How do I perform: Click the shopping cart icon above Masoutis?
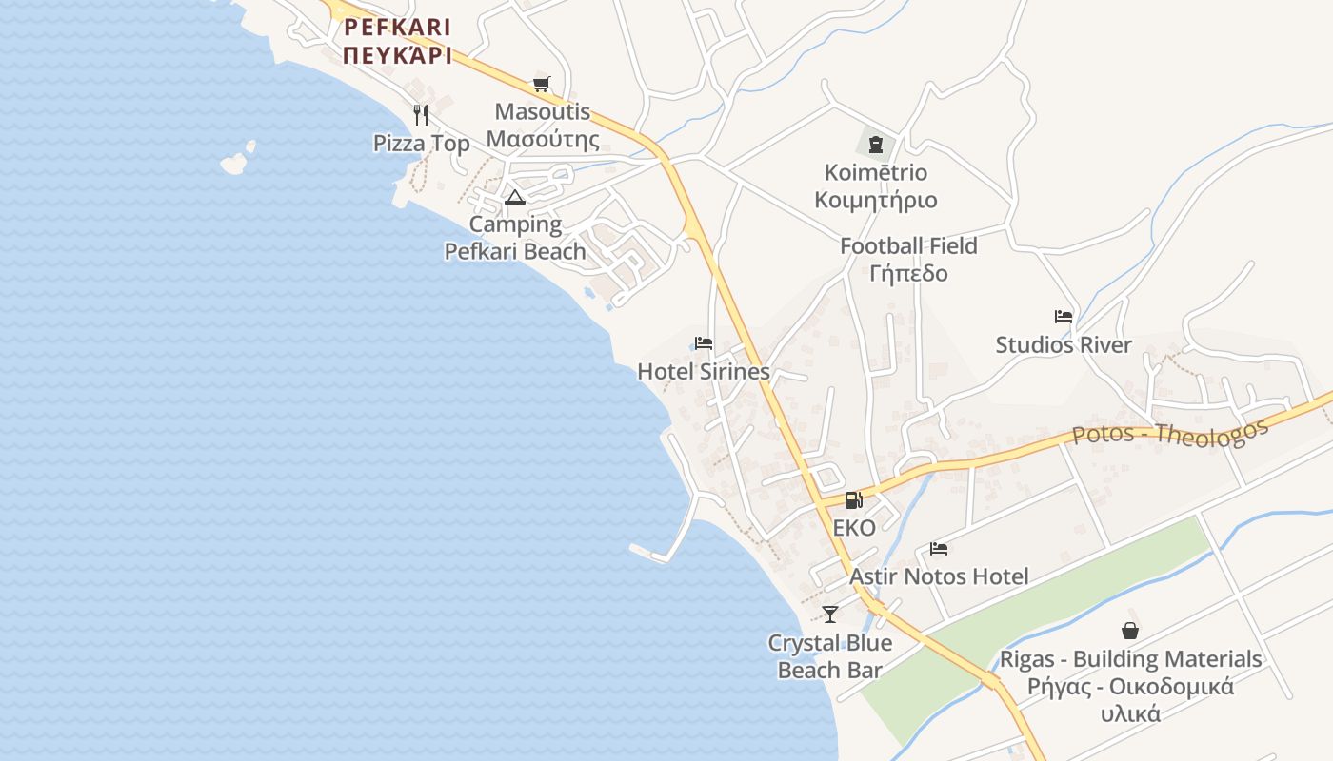541,84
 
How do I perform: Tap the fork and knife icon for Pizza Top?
421,115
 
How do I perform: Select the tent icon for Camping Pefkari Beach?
515,198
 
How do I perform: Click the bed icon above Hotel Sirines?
704,343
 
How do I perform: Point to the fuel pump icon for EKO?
853,500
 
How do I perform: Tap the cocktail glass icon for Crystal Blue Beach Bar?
830,615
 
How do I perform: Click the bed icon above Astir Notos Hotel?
939,549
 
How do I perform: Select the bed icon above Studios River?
1064,317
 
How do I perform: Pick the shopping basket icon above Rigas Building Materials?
1130,631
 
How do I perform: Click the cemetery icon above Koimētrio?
876,145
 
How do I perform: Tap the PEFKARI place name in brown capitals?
397,27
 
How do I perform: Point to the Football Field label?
908,246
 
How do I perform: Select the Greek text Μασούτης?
543,141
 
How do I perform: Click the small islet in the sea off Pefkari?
235,162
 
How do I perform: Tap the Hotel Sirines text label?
703,372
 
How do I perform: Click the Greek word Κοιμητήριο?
876,201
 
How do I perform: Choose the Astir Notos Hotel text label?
939,577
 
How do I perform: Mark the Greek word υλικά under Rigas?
1130,713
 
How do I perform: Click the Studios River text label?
1064,345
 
